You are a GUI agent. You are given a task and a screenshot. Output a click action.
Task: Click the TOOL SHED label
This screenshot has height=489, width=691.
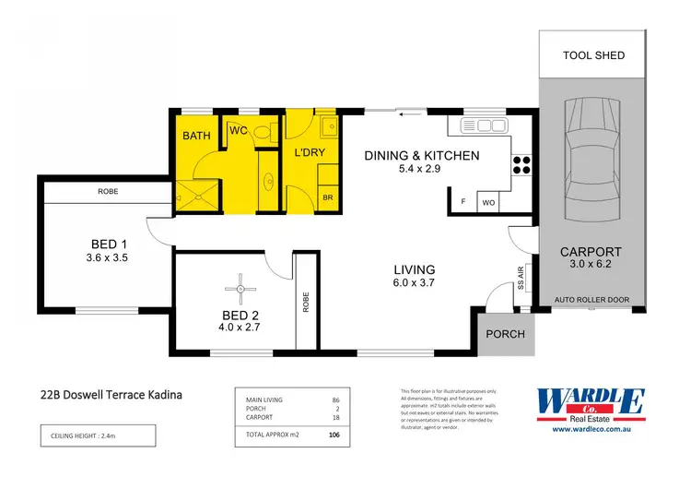[x=593, y=55]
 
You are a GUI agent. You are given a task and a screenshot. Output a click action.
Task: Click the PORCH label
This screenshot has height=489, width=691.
[x=506, y=334]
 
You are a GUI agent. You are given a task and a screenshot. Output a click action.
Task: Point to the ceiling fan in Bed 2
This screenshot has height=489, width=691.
[x=240, y=290]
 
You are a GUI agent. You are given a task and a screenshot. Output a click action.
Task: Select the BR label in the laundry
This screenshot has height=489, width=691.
[x=327, y=197]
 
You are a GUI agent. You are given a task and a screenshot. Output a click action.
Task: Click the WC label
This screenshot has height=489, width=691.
[x=237, y=132]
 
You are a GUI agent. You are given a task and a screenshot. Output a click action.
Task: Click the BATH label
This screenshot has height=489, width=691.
[x=196, y=137]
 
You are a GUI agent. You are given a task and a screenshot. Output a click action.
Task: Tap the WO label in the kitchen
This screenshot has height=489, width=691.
[x=489, y=201]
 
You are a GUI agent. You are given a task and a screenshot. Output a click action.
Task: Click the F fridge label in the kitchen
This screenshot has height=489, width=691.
[x=463, y=201]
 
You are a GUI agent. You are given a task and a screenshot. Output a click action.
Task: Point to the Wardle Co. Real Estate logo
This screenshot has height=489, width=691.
[x=590, y=403]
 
